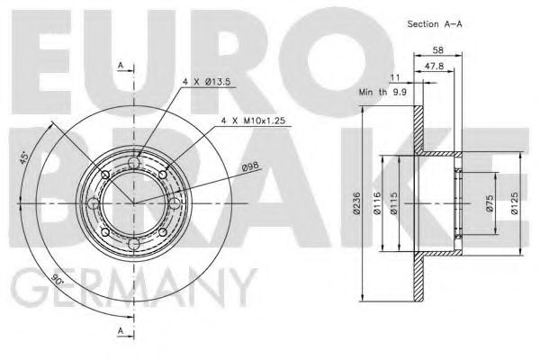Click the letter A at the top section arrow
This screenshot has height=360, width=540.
[120, 66]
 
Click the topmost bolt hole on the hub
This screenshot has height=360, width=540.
[135, 162]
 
